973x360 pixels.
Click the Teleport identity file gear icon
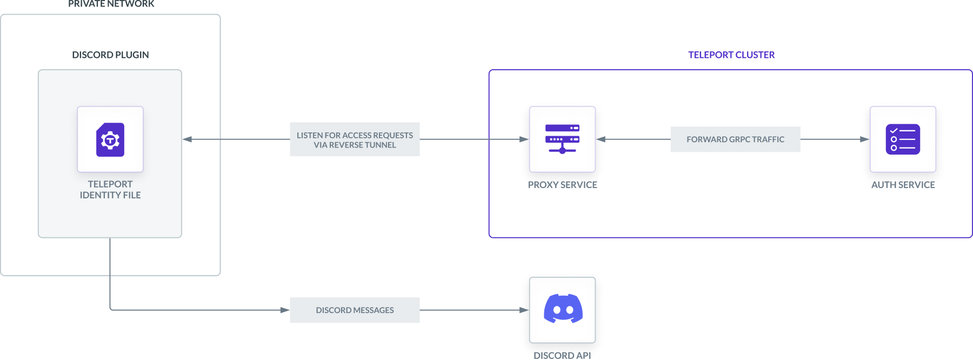click(110, 140)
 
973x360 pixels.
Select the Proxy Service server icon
click(562, 139)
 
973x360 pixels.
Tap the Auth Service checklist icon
click(903, 139)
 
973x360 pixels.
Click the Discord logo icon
click(563, 309)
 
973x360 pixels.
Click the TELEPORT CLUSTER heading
click(731, 55)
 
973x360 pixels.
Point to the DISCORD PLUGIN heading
click(110, 55)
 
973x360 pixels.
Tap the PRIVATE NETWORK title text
click(111, 4)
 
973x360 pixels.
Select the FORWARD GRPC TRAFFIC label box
click(735, 139)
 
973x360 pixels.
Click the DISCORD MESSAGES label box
click(355, 310)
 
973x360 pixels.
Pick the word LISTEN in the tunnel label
click(309, 135)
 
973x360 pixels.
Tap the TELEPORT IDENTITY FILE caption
click(110, 190)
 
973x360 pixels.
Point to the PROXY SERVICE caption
click(563, 184)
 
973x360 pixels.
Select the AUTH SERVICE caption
click(903, 184)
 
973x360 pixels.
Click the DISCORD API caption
click(562, 355)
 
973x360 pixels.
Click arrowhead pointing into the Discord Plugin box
click(188, 139)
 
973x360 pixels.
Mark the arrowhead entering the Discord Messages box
click(284, 310)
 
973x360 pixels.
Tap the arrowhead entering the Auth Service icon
click(864, 139)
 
